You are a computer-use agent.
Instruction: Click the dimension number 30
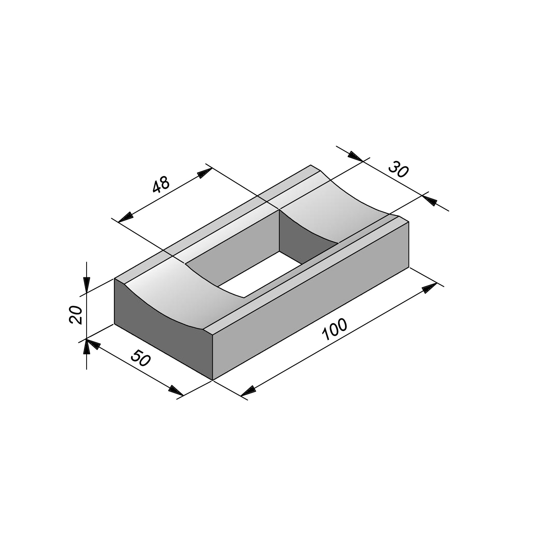click(x=398, y=170)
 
